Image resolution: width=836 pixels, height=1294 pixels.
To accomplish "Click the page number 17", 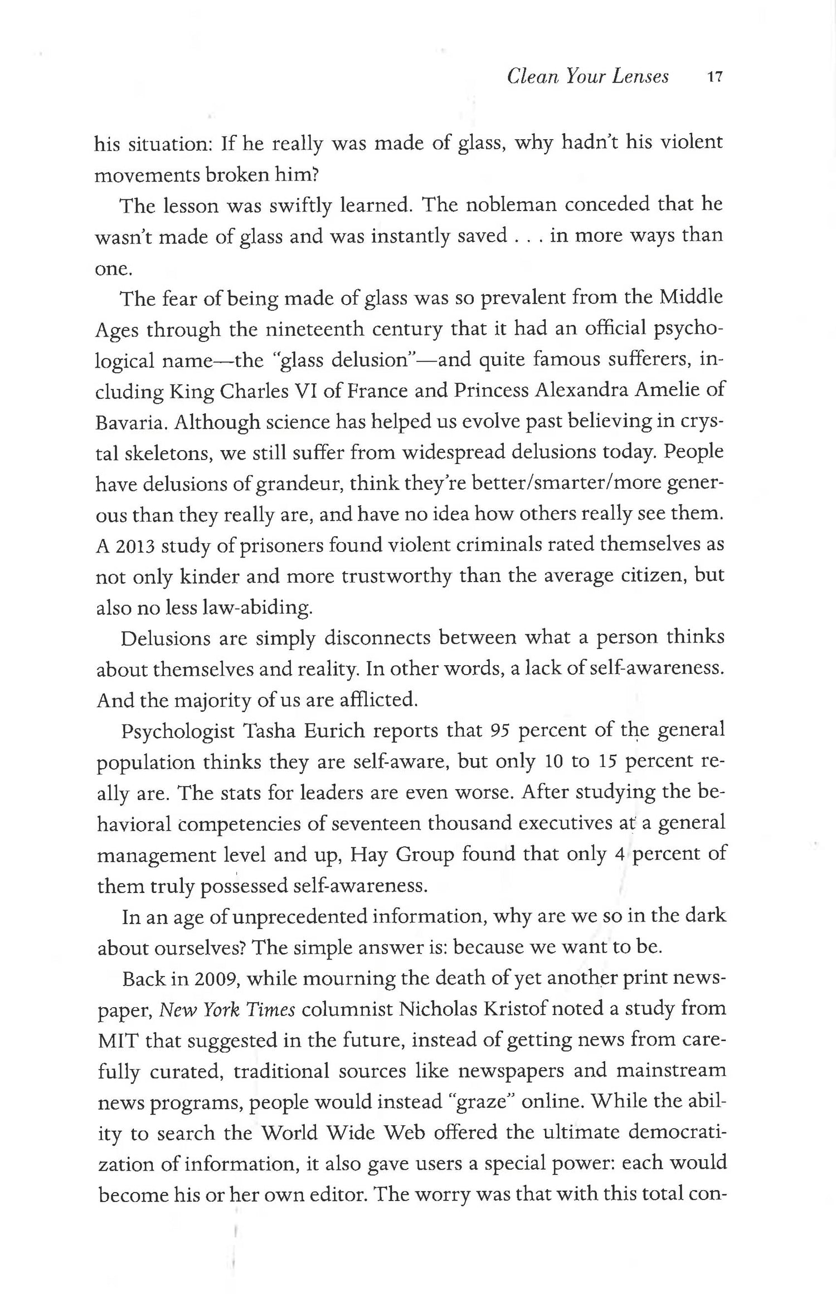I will pos(714,77).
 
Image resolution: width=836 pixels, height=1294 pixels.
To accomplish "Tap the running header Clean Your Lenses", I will pos(587,76).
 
